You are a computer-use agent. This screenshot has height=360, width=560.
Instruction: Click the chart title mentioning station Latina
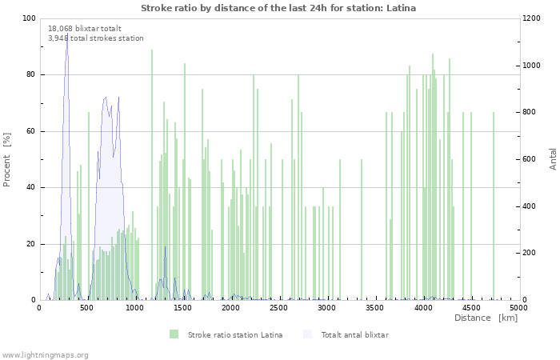tap(278, 8)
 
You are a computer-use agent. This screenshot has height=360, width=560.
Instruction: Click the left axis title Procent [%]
tap(7, 159)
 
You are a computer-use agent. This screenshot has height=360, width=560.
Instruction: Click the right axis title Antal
tap(553, 158)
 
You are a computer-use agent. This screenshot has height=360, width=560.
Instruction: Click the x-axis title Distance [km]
tap(486, 318)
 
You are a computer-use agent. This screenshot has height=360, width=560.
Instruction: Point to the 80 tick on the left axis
tap(30, 75)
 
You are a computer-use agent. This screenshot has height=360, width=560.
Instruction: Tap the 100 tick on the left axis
tap(29, 18)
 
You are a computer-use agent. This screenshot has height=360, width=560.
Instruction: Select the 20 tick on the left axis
tap(30, 244)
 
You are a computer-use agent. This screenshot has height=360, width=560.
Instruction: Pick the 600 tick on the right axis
tap(532, 159)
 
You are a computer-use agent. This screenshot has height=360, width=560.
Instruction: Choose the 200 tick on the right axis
tap(532, 253)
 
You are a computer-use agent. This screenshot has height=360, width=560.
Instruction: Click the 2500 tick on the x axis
tap(278, 307)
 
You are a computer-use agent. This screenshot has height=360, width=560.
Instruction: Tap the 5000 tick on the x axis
tap(518, 307)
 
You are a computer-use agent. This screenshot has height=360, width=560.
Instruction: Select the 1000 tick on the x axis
tap(134, 307)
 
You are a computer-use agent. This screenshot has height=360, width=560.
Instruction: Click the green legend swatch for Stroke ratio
tap(174, 334)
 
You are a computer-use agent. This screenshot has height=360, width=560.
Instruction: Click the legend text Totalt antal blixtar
tap(354, 334)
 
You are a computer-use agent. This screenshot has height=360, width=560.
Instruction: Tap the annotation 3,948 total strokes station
tap(96, 38)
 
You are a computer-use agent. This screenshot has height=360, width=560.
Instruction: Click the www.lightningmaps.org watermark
tap(45, 354)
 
